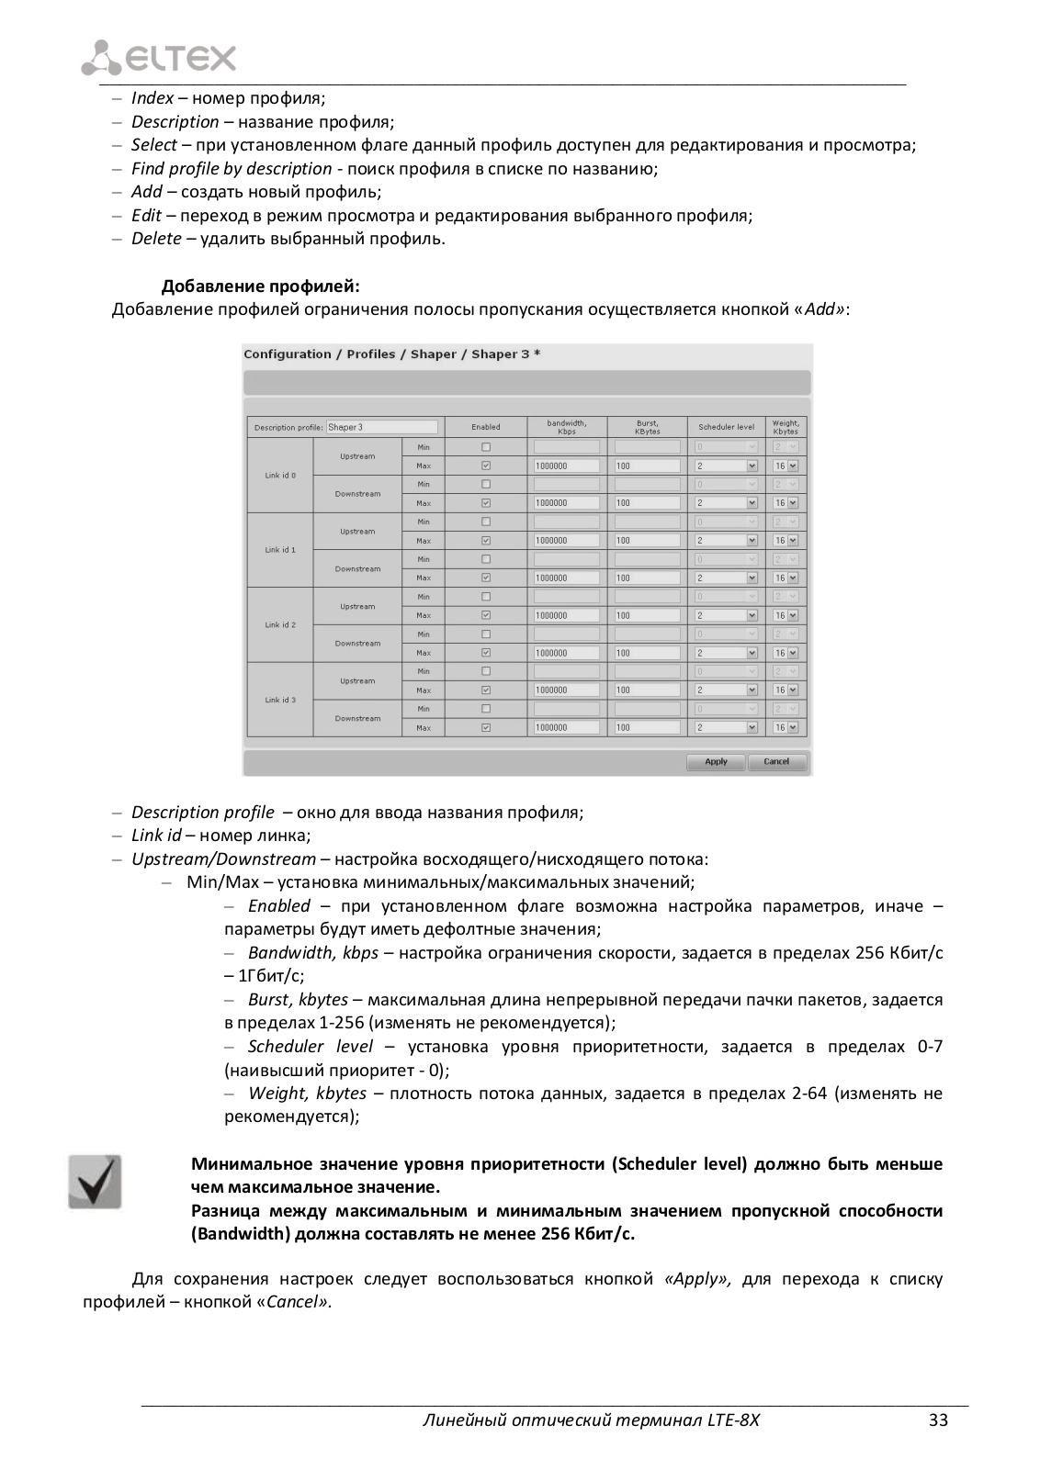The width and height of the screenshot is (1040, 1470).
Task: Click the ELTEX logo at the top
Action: click(x=158, y=58)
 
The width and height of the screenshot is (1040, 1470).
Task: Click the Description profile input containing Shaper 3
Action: click(x=381, y=427)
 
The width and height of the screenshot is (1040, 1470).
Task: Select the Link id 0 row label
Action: click(x=280, y=476)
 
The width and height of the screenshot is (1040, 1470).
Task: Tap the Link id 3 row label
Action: click(x=280, y=700)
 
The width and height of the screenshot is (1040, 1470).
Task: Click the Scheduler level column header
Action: click(x=726, y=427)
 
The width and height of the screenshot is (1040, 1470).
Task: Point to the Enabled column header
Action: click(x=486, y=427)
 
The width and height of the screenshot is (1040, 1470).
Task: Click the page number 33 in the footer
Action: click(x=937, y=1420)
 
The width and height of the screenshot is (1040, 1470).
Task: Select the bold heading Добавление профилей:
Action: click(x=261, y=286)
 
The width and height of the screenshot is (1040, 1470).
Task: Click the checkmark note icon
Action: click(x=96, y=1182)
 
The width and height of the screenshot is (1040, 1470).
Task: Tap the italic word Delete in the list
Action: click(x=156, y=239)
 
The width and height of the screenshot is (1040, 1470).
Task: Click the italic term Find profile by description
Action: click(x=232, y=169)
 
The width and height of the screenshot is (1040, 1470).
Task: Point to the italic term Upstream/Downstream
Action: click(x=223, y=859)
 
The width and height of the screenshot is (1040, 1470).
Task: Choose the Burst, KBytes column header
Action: click(x=647, y=427)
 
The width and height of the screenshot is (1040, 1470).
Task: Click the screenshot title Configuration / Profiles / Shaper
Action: click(x=391, y=354)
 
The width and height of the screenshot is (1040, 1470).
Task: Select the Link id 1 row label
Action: click(x=280, y=550)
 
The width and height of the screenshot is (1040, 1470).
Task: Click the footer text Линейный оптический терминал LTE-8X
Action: click(x=591, y=1420)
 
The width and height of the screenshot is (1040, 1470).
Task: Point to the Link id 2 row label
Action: click(x=280, y=624)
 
